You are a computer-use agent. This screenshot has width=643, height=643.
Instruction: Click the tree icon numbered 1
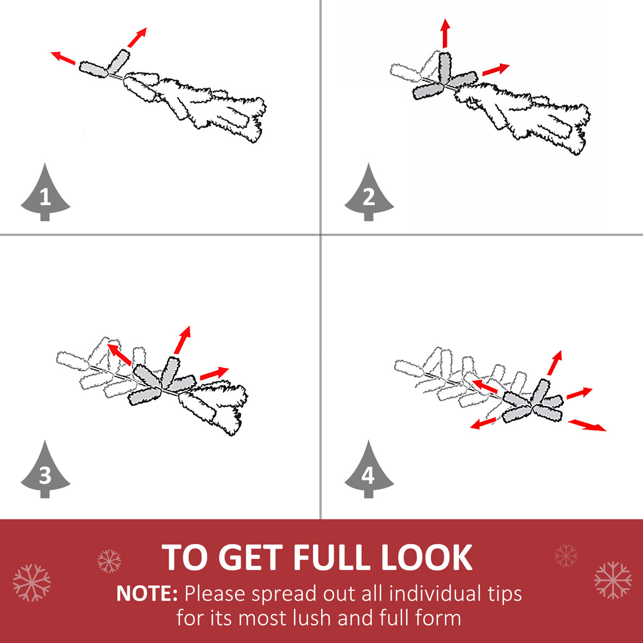tap(46, 193)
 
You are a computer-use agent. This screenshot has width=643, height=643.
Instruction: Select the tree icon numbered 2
tap(369, 193)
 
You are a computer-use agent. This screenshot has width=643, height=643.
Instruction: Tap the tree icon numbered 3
tap(46, 470)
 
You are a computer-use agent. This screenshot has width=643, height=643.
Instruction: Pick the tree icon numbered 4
tap(369, 470)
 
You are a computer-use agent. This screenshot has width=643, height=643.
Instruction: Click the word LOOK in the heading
tap(426, 558)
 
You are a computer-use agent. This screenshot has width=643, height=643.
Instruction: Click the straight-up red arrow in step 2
tap(445, 33)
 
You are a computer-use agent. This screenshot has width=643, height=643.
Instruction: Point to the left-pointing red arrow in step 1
tap(63, 58)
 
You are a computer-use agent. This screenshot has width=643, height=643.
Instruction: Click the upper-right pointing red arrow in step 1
tap(137, 38)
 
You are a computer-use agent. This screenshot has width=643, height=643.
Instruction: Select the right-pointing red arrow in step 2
tap(496, 69)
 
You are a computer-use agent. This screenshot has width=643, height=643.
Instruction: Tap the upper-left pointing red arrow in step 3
tap(119, 355)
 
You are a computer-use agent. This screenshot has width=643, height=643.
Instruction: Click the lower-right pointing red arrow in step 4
tap(587, 425)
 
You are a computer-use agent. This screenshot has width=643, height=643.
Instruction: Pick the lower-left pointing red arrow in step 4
tap(483, 424)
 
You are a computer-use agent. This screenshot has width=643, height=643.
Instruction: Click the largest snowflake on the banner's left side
tap(32, 582)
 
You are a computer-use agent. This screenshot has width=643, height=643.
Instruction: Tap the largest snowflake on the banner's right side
tap(613, 580)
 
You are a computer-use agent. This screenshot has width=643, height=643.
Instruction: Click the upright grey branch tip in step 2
tap(444, 67)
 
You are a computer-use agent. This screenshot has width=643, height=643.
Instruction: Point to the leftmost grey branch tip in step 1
tap(94, 70)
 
